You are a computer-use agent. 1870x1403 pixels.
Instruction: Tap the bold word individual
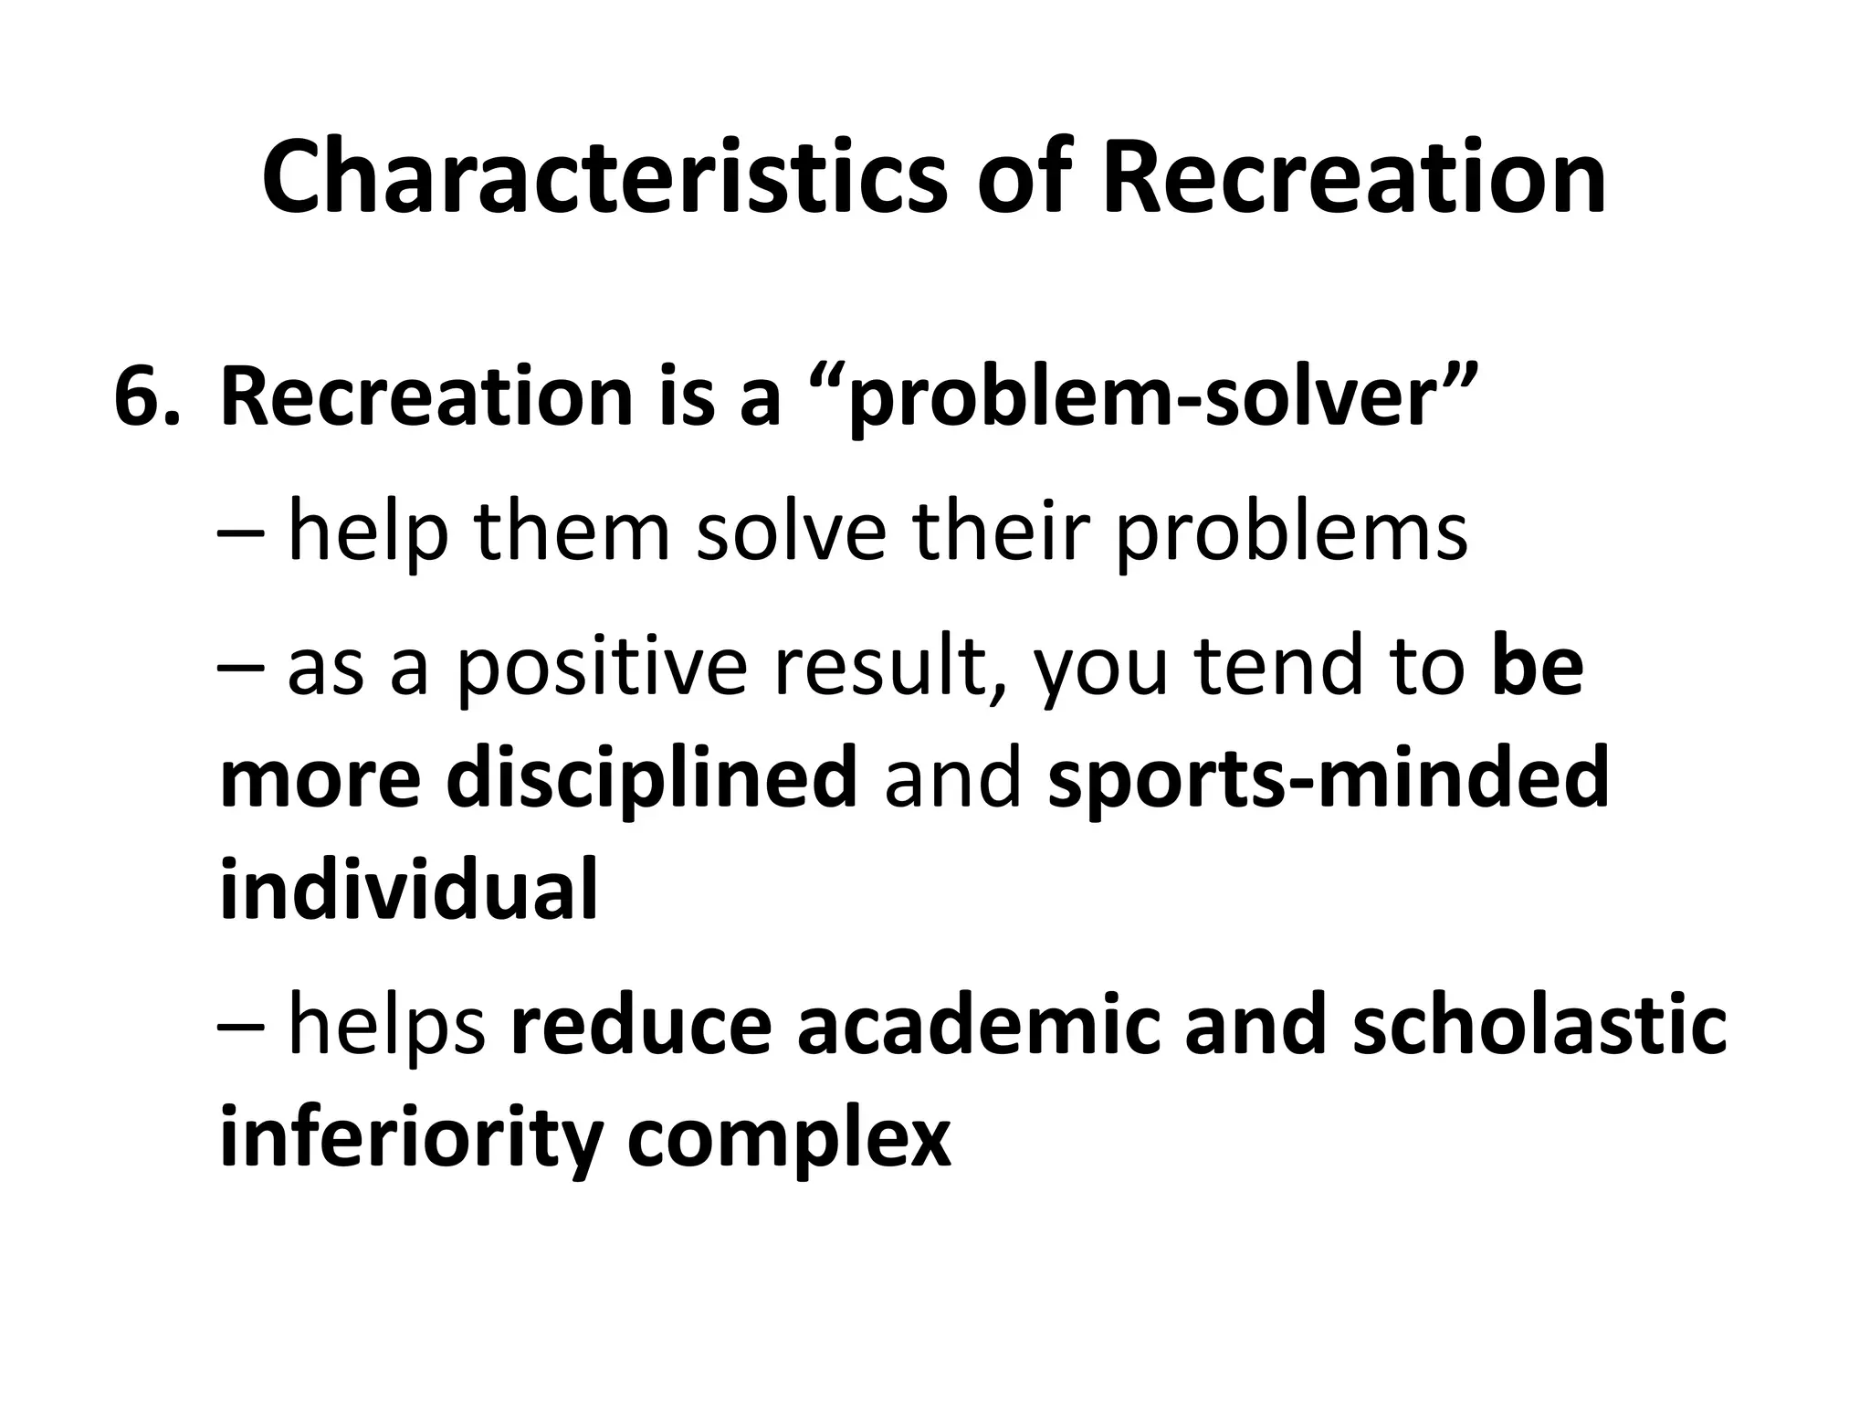[x=408, y=888]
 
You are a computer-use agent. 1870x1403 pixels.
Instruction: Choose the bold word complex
[x=789, y=1138]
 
